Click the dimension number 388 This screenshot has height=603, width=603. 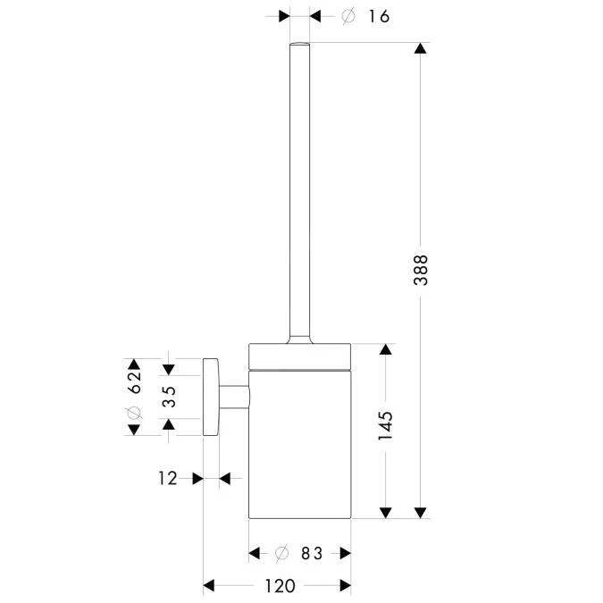[421, 271]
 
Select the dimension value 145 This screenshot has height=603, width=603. [386, 427]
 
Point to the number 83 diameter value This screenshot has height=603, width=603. [311, 554]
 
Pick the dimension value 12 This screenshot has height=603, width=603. [168, 479]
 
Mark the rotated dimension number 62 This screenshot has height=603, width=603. [134, 382]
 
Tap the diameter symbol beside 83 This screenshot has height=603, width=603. [281, 554]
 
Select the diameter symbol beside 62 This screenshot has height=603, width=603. [134, 412]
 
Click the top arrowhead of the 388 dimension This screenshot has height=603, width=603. [421, 48]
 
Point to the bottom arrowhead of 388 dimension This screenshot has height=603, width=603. [421, 512]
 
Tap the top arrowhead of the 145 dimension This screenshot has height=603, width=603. [386, 349]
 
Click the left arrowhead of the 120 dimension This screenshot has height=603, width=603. [210, 586]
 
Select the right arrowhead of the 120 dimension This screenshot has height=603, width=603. [344, 586]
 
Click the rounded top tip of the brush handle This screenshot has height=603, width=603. [298, 45]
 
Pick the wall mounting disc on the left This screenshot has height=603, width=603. [211, 398]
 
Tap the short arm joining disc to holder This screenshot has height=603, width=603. [233, 398]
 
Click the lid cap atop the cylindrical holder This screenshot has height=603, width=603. [299, 355]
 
